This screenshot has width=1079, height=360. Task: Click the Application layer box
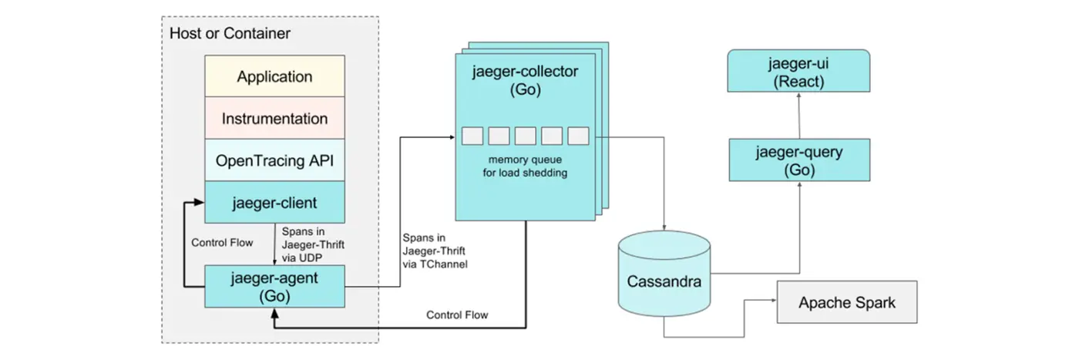click(x=274, y=77)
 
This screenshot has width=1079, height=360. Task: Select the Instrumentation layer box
click(x=274, y=119)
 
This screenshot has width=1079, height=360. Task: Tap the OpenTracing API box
click(x=274, y=161)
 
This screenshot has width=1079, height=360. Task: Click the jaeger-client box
click(x=274, y=203)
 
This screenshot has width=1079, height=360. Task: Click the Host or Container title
click(x=230, y=33)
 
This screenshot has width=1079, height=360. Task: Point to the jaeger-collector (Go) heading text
click(x=524, y=81)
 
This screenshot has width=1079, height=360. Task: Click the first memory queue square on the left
click(x=472, y=136)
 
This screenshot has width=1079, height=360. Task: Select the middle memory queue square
click(x=525, y=136)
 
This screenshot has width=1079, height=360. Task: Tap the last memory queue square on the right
click(x=578, y=136)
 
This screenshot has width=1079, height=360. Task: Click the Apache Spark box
click(x=847, y=302)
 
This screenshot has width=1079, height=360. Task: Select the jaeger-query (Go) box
click(x=799, y=160)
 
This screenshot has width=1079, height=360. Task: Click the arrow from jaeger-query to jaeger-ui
click(x=799, y=116)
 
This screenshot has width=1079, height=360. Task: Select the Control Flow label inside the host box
click(x=221, y=243)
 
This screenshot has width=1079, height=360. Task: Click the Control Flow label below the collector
click(x=457, y=315)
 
